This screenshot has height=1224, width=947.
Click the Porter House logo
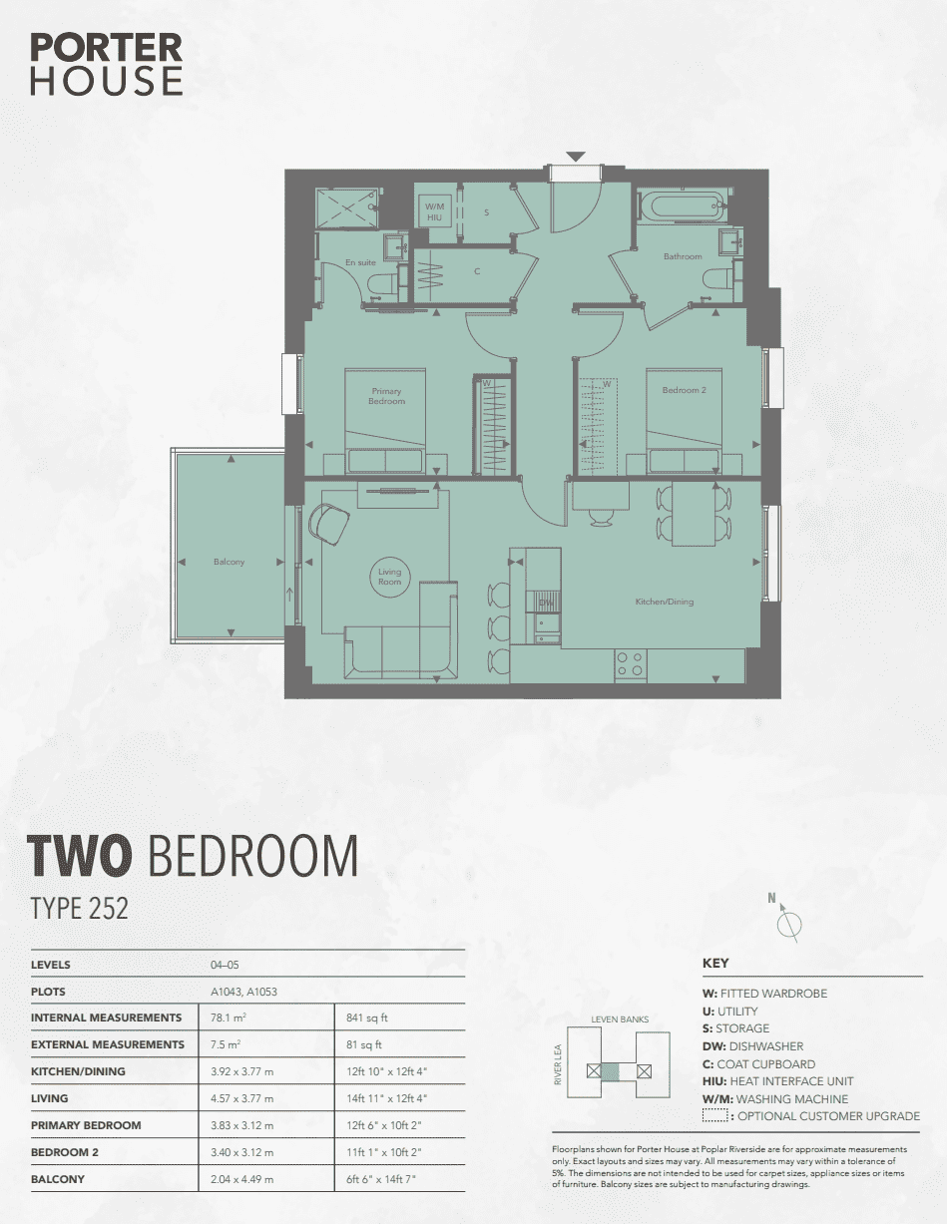tap(107, 64)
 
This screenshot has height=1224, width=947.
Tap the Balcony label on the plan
tap(229, 562)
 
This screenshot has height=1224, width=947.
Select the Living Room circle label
tap(389, 577)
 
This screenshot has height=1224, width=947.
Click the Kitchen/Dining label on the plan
tap(665, 602)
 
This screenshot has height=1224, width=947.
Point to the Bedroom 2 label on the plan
tap(684, 390)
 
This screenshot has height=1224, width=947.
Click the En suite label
tap(360, 262)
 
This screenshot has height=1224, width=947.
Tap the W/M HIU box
tap(434, 211)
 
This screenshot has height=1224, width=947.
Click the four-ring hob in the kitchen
tap(631, 663)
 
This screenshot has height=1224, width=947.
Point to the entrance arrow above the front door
tap(576, 157)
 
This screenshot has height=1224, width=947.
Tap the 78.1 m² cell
tap(229, 1018)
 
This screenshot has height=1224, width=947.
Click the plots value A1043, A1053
tap(243, 992)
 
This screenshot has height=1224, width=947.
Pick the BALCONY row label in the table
tap(58, 1179)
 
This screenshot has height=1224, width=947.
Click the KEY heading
tap(715, 963)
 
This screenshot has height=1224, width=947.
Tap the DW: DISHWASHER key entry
tap(752, 1046)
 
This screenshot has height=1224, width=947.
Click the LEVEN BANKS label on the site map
tap(620, 1019)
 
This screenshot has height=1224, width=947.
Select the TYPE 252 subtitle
tap(79, 908)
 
